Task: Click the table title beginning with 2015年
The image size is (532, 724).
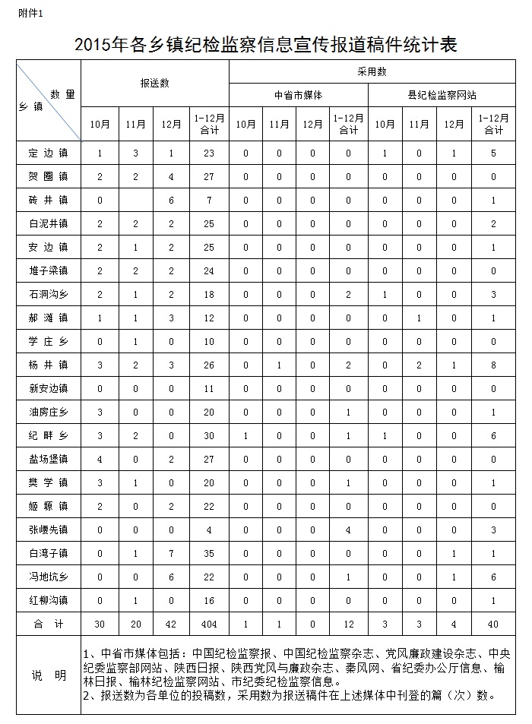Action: pos(265,45)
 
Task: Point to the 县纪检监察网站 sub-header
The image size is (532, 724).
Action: pos(447,96)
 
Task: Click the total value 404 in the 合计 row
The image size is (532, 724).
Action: pos(209,624)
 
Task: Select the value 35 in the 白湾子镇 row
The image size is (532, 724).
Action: pos(209,553)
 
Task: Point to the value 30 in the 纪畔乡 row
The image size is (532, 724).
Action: pos(209,435)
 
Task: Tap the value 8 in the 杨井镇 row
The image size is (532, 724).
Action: pos(494,365)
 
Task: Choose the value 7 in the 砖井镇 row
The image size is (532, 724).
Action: pos(209,200)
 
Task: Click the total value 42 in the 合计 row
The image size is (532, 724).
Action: pos(172,624)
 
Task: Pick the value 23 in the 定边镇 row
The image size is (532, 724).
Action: pos(209,153)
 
